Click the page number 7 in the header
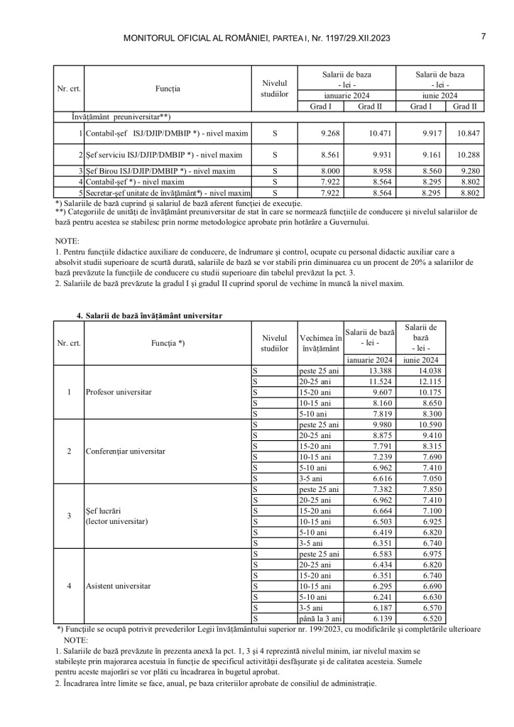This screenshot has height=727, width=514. [x=483, y=36]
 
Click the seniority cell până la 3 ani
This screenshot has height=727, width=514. [x=321, y=619]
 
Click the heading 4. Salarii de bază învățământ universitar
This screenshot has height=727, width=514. [x=153, y=315]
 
